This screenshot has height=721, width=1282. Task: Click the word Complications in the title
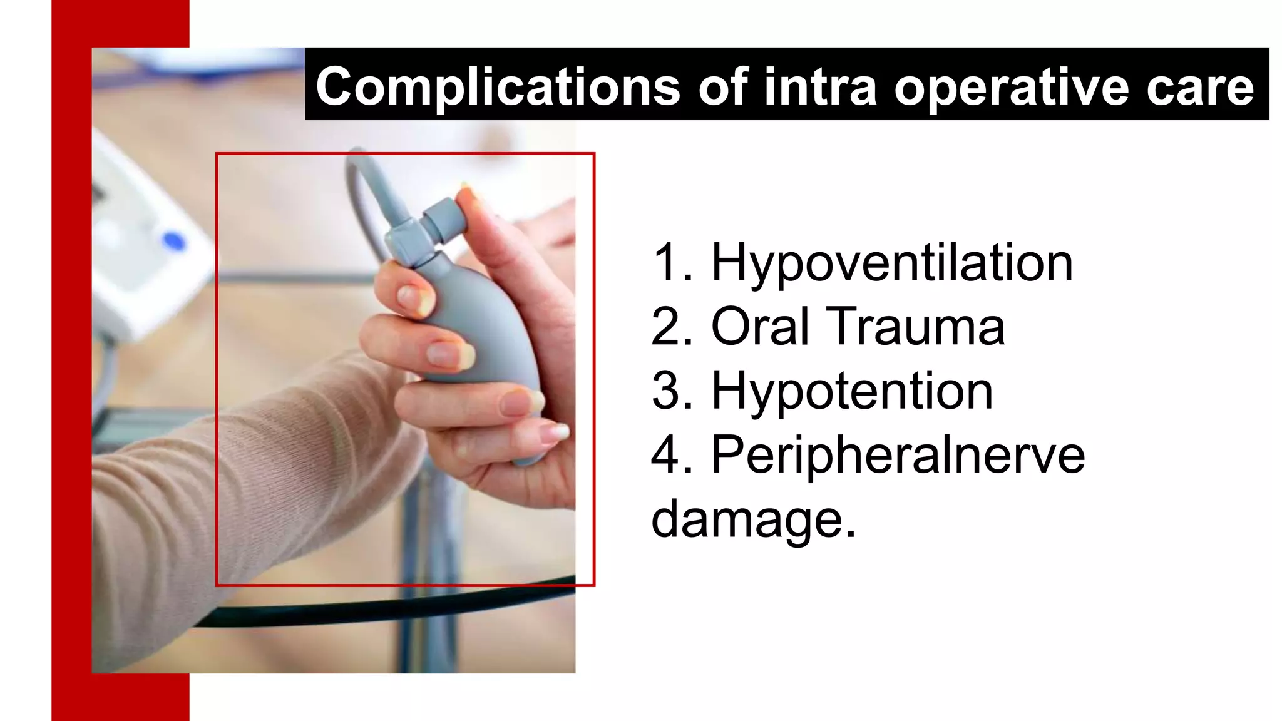click(x=498, y=86)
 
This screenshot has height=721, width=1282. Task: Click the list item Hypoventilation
click(x=892, y=263)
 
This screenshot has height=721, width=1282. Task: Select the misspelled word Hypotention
click(x=852, y=391)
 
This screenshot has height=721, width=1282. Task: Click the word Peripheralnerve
click(x=898, y=455)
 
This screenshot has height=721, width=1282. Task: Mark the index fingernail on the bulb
click(x=413, y=298)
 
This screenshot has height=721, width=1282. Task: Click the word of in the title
click(x=722, y=86)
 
